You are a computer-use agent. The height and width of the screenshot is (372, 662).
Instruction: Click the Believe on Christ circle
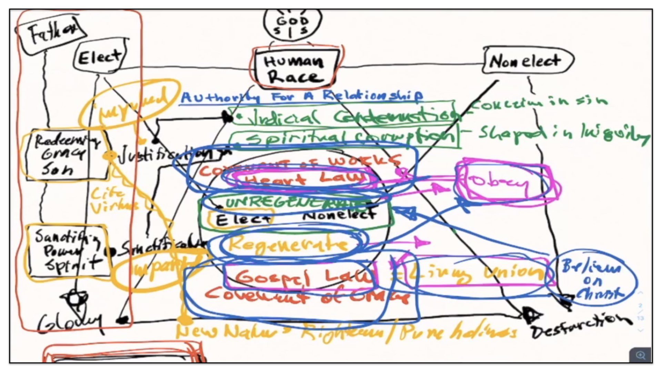click(x=592, y=278)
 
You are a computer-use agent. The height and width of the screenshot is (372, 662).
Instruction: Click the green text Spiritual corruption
click(x=348, y=138)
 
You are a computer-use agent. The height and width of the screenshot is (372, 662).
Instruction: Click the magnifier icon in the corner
click(x=640, y=355)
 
